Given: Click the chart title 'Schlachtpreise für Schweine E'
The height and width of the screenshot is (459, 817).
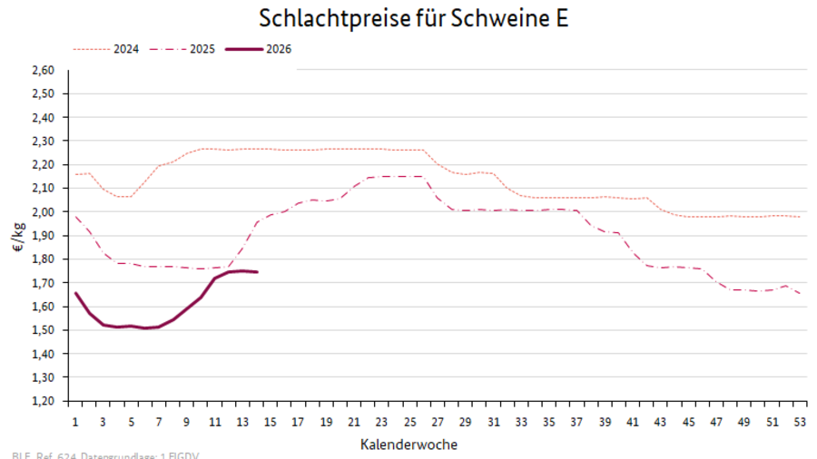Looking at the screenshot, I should click(x=414, y=18).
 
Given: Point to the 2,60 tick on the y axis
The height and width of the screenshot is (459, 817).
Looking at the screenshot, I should click(x=44, y=70).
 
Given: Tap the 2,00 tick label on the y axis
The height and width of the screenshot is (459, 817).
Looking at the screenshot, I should click(x=44, y=211).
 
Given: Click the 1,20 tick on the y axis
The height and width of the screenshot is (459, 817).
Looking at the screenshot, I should click(x=44, y=400).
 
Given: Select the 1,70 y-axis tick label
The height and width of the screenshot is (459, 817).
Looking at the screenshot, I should click(x=44, y=282).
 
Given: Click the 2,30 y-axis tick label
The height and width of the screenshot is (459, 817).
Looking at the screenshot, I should click(x=44, y=141).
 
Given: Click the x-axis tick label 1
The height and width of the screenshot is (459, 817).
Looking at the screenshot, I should click(x=74, y=422).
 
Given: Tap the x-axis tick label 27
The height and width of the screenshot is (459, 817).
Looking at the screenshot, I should click(x=437, y=422).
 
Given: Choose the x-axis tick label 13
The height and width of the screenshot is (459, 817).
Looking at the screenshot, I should click(x=242, y=422).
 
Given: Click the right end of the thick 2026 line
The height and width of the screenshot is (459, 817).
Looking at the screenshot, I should click(x=257, y=272).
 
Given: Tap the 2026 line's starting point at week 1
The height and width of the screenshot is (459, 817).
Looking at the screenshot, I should click(x=75, y=292).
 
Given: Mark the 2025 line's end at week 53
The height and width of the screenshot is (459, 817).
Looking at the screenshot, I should click(x=799, y=293).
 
